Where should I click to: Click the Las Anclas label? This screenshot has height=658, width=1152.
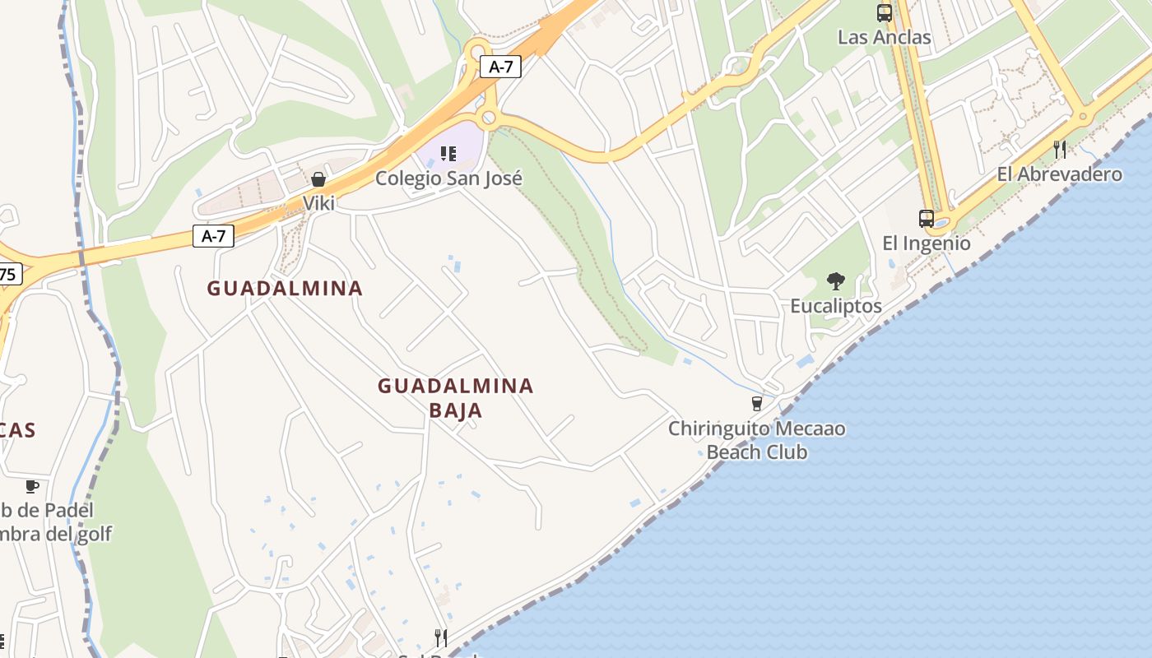click(884, 37)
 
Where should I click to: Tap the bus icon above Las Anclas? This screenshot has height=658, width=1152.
click(885, 13)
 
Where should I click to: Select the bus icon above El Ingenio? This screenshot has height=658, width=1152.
click(927, 219)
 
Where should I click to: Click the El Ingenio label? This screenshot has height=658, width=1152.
click(927, 243)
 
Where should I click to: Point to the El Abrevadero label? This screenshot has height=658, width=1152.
click(1059, 174)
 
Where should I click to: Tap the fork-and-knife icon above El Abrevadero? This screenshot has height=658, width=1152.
click(1060, 149)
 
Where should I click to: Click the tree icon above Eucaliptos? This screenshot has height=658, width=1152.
click(836, 281)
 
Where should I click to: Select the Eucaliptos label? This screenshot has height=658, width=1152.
click(836, 306)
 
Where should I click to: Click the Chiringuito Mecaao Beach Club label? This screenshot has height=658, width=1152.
click(756, 440)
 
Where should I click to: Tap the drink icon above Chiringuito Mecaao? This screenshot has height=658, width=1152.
click(757, 404)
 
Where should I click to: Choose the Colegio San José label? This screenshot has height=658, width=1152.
click(448, 178)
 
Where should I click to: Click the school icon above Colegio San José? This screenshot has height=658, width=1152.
click(448, 154)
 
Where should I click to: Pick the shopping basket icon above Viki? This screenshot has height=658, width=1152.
click(318, 179)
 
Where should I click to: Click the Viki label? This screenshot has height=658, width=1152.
click(318, 203)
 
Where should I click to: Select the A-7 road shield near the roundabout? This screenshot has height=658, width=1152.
click(501, 67)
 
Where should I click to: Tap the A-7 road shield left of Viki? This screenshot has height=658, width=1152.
click(214, 237)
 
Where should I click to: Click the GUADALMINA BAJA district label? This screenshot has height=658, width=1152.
click(456, 397)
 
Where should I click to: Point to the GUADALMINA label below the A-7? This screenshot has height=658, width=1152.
click(285, 289)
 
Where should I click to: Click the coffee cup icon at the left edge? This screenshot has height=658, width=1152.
click(32, 486)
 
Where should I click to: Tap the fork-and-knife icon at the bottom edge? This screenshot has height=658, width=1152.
click(441, 637)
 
